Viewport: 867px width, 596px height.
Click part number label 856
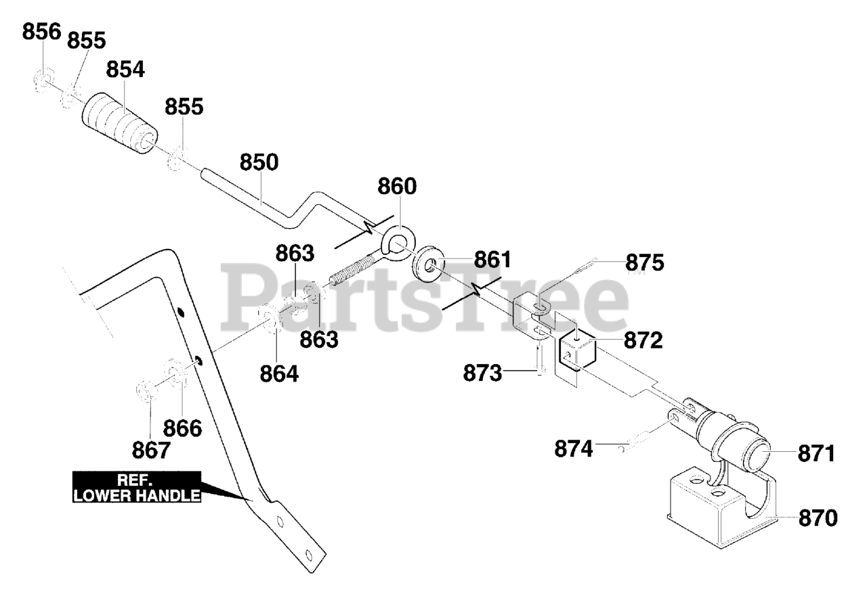tap(42, 32)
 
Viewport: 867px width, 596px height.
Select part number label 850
tap(259, 163)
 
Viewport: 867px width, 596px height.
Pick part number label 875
tap(644, 262)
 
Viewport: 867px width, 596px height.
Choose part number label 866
tap(181, 428)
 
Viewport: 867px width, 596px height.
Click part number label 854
tap(125, 70)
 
